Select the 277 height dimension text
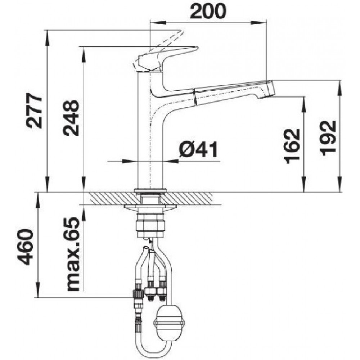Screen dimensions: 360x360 pos(35,111)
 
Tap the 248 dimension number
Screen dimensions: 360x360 pos(71,118)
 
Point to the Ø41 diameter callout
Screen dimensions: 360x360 pos(198,149)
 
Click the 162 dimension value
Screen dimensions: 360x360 pos(292,146)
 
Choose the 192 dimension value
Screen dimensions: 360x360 pos(328,138)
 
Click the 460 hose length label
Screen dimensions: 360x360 pos(26,247)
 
